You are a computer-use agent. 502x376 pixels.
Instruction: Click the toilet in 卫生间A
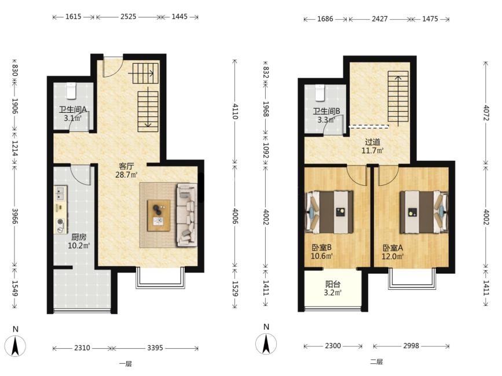[71, 90]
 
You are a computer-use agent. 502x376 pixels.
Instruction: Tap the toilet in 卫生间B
[320, 93]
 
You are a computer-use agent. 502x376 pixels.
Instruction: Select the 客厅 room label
[126, 166]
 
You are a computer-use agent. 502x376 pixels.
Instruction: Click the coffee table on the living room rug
[159, 215]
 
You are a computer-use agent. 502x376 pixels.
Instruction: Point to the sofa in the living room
[186, 215]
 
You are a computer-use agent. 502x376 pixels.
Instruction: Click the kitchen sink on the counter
[60, 193]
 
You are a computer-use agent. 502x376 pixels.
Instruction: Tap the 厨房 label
[79, 237]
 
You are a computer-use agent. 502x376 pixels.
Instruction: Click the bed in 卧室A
[424, 212]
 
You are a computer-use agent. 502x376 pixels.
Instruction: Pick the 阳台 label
[333, 284]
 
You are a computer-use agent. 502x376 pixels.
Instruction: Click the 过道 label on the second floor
[373, 142]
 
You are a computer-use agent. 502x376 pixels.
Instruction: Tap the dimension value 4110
[235, 111]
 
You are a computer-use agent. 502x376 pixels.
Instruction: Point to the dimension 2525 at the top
[129, 16]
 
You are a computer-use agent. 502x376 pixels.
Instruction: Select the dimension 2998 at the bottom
[411, 345]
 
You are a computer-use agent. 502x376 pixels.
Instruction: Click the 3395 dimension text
[155, 348]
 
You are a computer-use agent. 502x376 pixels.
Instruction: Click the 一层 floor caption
[126, 363]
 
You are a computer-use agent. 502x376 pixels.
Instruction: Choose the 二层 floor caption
[376, 362]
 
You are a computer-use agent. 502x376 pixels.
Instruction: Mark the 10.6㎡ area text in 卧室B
[322, 256]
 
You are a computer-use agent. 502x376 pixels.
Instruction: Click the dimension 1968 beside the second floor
[266, 109]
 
